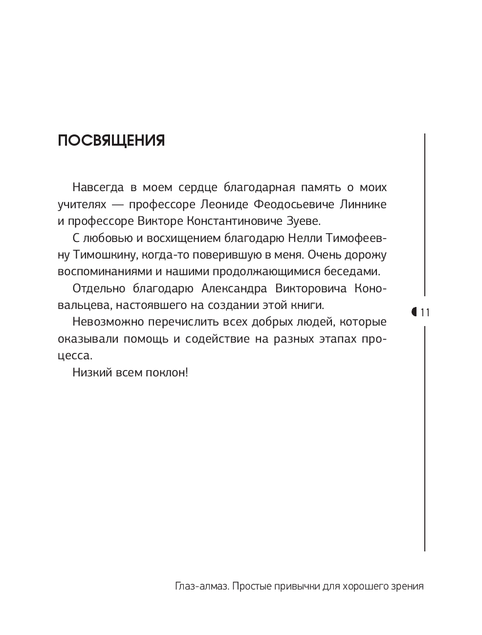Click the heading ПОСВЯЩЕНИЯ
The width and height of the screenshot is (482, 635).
[111, 141]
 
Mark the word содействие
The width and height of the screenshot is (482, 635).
[216, 339]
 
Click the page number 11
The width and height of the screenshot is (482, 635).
[425, 312]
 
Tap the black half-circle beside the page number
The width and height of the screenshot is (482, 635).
[415, 311]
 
